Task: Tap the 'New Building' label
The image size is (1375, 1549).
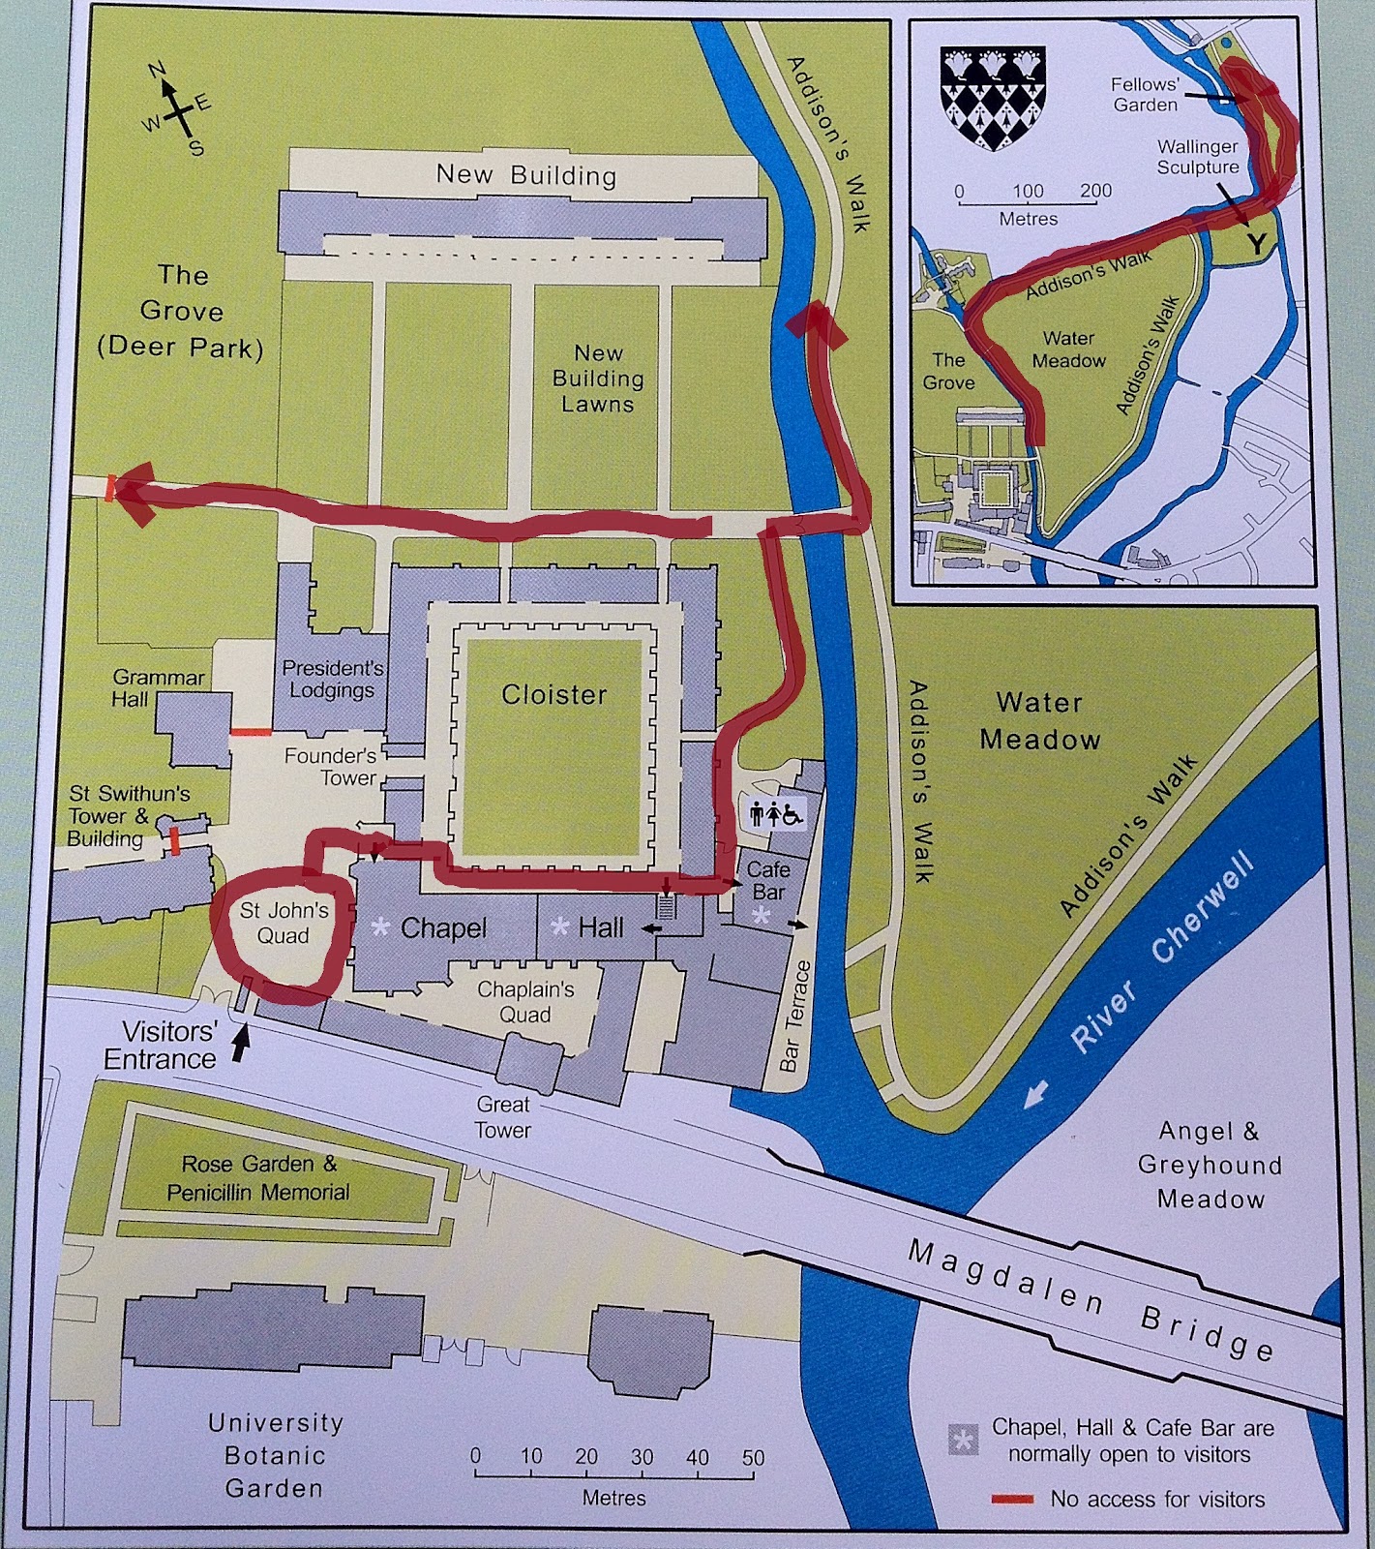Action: tap(525, 175)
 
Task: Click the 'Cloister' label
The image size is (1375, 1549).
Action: tap(553, 694)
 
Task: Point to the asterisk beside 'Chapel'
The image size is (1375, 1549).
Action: tap(380, 928)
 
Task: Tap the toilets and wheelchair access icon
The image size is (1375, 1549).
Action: tap(777, 814)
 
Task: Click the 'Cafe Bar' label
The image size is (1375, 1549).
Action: tap(768, 880)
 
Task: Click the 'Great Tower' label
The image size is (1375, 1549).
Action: tap(502, 1116)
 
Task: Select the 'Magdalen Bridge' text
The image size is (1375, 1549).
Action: tap(1090, 1303)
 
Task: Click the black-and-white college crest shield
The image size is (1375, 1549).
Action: tap(993, 98)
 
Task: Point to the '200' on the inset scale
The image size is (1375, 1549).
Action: tap(1095, 191)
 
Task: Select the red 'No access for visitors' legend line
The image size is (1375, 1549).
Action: tap(1015, 1500)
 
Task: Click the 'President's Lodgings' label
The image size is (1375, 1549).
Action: tap(332, 679)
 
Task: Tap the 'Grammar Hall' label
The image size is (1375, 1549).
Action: tap(158, 687)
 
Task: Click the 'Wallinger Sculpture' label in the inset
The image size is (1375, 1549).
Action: tap(1197, 157)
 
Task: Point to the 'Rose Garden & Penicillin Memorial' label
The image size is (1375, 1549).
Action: tap(258, 1177)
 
